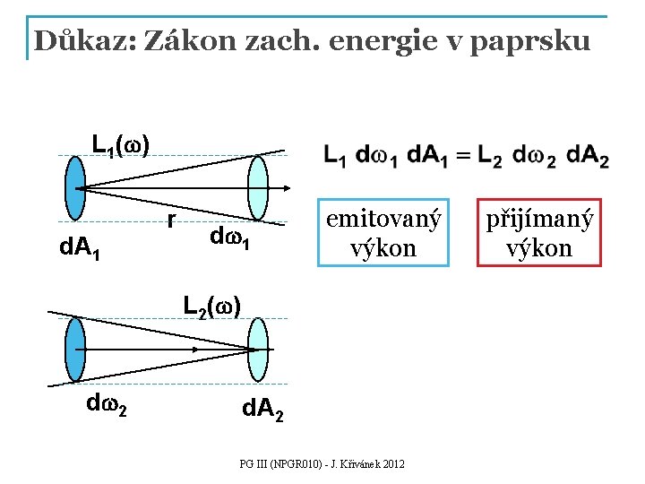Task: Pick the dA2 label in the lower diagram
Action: click(x=264, y=412)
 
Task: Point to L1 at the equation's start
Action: click(x=335, y=156)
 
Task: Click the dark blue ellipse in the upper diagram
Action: click(x=75, y=188)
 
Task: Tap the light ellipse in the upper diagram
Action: click(x=257, y=188)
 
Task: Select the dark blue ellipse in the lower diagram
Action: click(x=75, y=350)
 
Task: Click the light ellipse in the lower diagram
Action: click(x=258, y=349)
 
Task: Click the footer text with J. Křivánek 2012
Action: click(x=322, y=463)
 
